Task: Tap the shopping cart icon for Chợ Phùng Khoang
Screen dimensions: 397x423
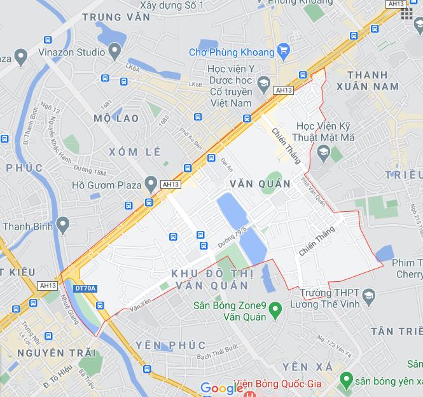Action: click(284, 52)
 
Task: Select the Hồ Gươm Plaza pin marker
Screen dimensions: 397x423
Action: click(150, 185)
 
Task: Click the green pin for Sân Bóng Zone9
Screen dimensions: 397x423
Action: click(275, 310)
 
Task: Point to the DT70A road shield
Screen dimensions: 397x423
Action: click(85, 288)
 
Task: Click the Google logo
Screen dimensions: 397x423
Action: click(221, 388)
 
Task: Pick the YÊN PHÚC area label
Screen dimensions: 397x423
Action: click(170, 345)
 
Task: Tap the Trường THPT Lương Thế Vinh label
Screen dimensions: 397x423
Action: click(328, 298)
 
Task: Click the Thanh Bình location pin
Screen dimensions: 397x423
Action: click(62, 225)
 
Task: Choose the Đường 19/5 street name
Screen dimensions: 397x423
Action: click(232, 235)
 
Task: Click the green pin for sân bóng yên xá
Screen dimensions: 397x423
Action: click(346, 380)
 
